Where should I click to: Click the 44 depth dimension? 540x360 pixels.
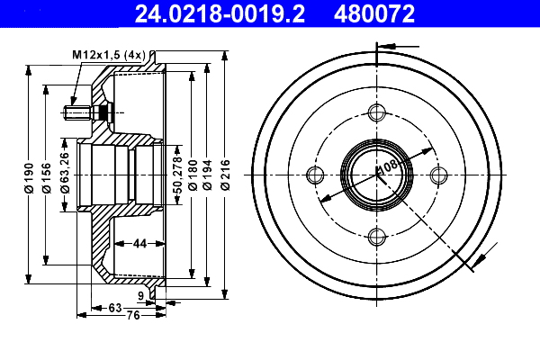click(x=139, y=244)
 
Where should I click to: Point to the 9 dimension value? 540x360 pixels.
click(x=141, y=295)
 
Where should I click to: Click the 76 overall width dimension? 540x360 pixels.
click(x=131, y=315)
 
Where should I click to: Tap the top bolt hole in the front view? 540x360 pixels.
click(x=376, y=112)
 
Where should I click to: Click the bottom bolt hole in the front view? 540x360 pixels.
click(x=376, y=237)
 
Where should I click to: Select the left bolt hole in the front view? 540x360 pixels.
click(x=314, y=175)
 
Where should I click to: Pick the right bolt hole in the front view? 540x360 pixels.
click(x=438, y=175)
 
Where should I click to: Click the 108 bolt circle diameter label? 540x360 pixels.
click(x=387, y=166)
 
